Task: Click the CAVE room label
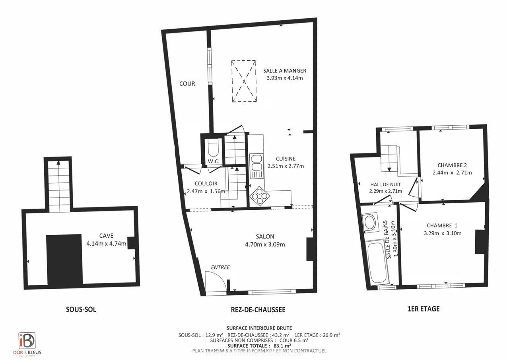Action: pos(106,236)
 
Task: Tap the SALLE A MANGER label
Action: pos(285,71)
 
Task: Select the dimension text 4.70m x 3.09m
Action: pos(265,244)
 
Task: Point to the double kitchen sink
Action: pos(256,164)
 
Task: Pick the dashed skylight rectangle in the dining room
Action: pos(244,81)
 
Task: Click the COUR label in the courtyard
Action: pos(187,84)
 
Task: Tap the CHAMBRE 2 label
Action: pos(452,165)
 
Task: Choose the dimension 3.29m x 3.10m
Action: pos(443,233)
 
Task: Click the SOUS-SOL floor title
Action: pos(81,310)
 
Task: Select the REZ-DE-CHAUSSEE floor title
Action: pos(258,310)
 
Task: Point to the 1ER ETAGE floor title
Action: pos(424,309)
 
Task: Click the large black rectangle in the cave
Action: pos(64,259)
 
